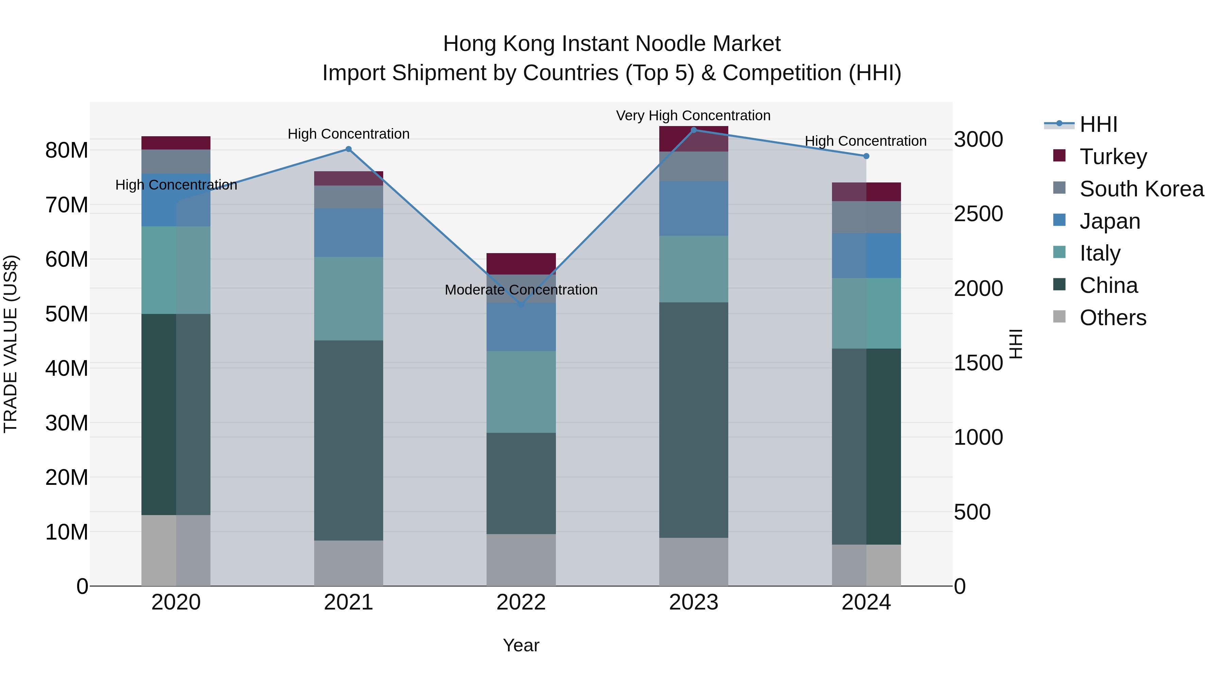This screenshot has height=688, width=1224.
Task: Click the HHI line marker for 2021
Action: (x=348, y=149)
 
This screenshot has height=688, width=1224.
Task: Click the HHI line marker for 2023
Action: (x=693, y=130)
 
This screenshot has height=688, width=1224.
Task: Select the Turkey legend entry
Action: (x=1113, y=157)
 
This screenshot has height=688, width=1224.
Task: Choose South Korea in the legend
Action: (x=1141, y=189)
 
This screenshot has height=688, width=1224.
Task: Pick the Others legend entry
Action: (x=1112, y=318)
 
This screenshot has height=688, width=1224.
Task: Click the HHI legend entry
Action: (x=1098, y=124)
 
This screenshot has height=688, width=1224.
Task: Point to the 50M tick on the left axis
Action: (x=67, y=314)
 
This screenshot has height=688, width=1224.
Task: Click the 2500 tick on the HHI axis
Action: (x=978, y=214)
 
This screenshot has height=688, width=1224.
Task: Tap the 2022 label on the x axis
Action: (x=521, y=602)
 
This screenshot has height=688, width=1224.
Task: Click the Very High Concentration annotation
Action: (x=693, y=116)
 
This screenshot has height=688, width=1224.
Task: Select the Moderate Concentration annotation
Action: (x=521, y=289)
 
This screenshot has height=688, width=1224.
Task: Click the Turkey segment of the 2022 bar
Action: (x=521, y=264)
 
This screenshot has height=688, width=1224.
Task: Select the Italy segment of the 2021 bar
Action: (x=348, y=299)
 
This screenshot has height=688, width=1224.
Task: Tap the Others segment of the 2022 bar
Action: (x=521, y=560)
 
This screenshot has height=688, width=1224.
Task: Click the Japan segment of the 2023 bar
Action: (x=693, y=209)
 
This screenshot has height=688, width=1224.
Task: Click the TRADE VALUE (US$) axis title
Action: (x=11, y=344)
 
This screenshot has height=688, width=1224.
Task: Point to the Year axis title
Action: (x=521, y=645)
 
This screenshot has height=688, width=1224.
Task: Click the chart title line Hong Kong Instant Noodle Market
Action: (x=612, y=44)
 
